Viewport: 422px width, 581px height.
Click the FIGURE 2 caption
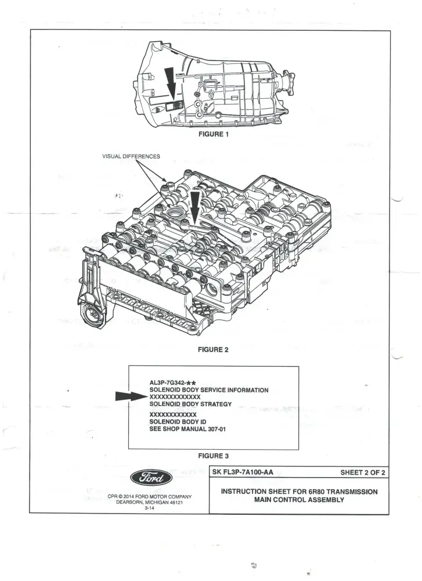coord(213,350)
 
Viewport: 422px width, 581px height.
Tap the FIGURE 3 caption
coord(213,456)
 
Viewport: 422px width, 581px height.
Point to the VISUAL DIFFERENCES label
coord(131,157)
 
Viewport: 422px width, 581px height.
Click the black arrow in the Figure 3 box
coord(129,396)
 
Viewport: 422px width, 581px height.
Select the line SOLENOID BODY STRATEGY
coord(190,404)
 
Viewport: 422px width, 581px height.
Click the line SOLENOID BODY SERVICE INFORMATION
coord(208,390)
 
